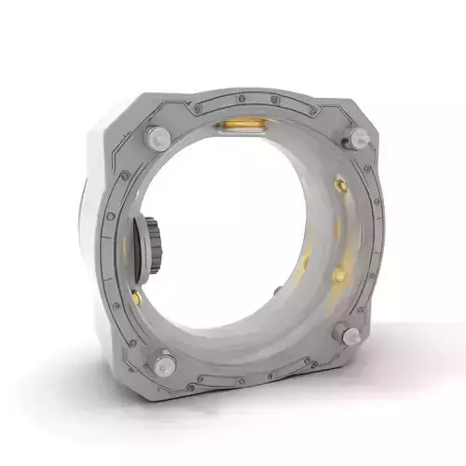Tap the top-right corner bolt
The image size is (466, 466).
click(x=354, y=140)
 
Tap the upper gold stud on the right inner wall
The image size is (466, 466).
click(x=341, y=186)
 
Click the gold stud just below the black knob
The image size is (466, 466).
click(x=137, y=296)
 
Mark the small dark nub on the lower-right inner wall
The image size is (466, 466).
click(x=278, y=292)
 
